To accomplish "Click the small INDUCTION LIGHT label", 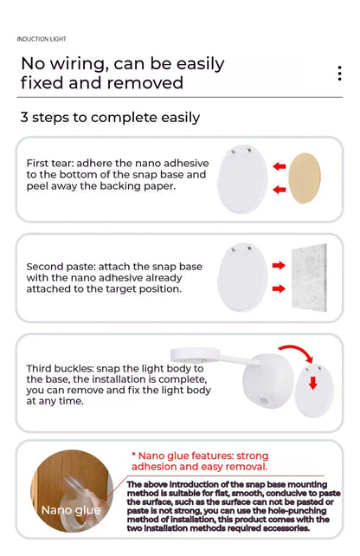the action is (x=42, y=39).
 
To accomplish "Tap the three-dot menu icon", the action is (x=339, y=74).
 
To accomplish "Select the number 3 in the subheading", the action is (x=24, y=118).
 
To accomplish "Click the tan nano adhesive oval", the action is (x=305, y=178).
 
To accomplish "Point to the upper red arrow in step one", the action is (x=280, y=166).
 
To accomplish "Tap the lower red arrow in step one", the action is (x=280, y=190).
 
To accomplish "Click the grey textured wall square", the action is (x=309, y=278).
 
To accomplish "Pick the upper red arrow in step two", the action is (x=279, y=265).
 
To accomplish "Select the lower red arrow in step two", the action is (x=279, y=288).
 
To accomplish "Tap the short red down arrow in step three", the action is (x=313, y=383).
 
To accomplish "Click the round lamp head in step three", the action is (x=195, y=354).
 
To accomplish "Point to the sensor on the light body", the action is (x=264, y=401).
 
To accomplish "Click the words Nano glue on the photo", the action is (x=71, y=510).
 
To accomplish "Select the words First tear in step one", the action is (x=49, y=163).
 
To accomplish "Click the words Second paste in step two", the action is (x=60, y=267).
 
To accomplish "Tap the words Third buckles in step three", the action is (x=59, y=368).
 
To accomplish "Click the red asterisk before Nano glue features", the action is (x=133, y=455).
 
